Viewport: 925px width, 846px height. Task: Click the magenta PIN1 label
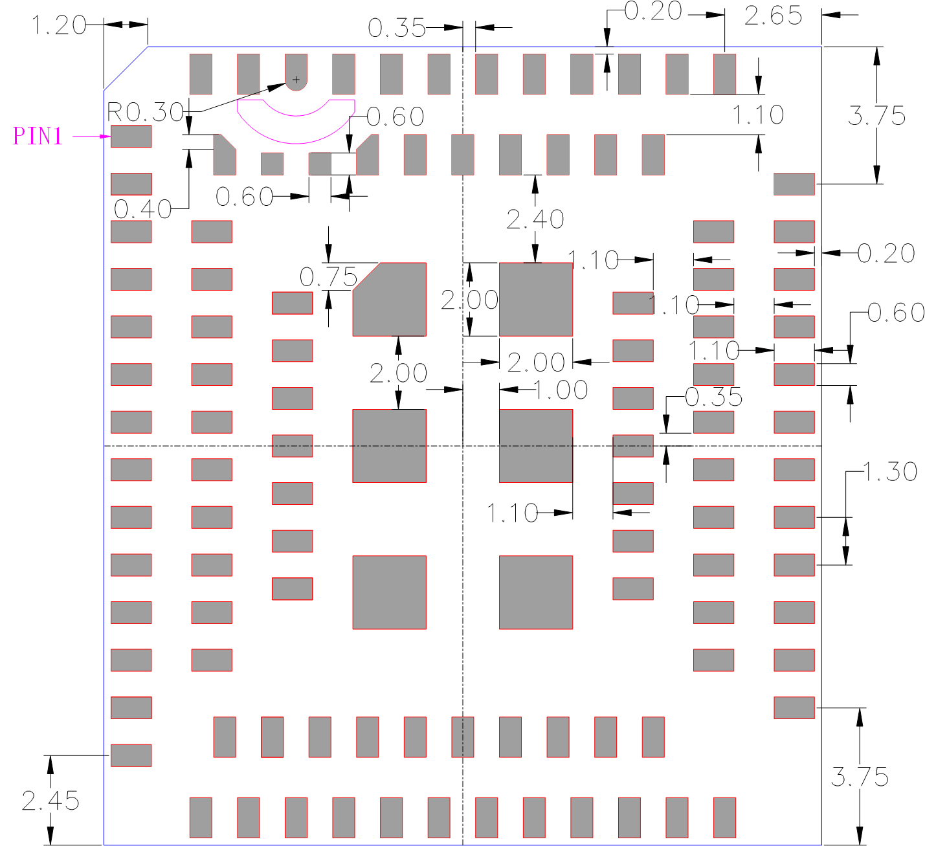click(38, 136)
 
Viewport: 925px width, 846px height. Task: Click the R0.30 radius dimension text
click(145, 112)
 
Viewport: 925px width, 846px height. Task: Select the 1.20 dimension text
click(58, 25)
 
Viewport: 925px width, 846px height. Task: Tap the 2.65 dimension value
click(774, 16)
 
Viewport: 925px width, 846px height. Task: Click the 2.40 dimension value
click(535, 219)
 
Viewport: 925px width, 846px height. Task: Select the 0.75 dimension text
click(328, 277)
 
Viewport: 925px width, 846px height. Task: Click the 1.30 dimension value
click(890, 471)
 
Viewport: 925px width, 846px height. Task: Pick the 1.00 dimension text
click(561, 390)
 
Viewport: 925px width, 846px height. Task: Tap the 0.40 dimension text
click(142, 209)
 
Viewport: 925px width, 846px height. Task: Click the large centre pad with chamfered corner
click(389, 299)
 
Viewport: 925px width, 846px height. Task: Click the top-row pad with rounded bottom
click(296, 72)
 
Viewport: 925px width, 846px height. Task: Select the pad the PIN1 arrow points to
click(131, 136)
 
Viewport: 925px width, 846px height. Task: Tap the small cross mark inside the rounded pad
click(296, 80)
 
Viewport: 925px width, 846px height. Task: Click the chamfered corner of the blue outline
click(126, 68)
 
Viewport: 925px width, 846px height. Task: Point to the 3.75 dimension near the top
click(876, 115)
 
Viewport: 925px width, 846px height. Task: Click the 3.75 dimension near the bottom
click(860, 777)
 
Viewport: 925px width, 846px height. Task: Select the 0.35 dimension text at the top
click(397, 28)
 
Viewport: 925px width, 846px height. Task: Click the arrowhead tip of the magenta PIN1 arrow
click(111, 136)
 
